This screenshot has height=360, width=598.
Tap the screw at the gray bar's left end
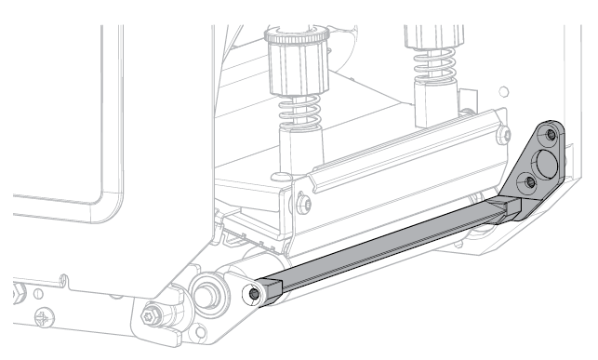pos(255,294)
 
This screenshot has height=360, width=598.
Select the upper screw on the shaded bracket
pos(552,137)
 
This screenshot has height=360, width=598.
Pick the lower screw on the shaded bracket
pos(530,181)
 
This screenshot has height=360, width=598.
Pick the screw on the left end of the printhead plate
pos(302,201)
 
